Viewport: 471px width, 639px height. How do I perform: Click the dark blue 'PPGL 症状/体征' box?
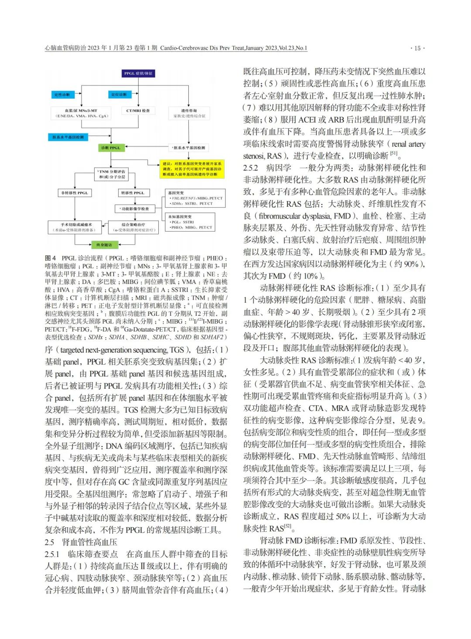point(138,74)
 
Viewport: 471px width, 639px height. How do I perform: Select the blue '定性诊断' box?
point(61,95)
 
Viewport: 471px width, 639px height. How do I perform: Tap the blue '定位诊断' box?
point(119,95)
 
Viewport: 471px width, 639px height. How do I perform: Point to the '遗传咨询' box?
point(189,113)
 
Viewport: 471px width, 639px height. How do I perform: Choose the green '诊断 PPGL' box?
point(110,148)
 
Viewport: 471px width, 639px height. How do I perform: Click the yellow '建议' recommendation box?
point(192,169)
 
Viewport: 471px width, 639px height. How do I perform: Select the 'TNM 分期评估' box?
point(112,174)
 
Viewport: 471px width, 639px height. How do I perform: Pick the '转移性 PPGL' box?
point(133,193)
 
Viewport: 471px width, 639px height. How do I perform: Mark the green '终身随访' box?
point(104,245)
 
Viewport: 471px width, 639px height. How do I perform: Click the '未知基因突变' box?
point(191,222)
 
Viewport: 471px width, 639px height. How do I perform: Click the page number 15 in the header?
point(417,48)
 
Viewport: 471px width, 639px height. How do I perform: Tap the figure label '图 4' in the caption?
point(51,258)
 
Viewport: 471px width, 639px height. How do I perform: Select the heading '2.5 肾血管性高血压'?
point(81,542)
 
